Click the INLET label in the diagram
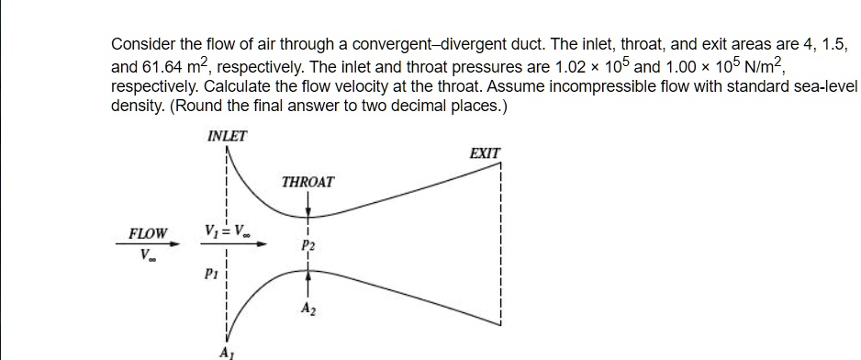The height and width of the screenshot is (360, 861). coord(228,137)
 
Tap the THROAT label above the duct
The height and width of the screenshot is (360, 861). coord(307,182)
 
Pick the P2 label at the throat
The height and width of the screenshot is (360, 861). coord(307,246)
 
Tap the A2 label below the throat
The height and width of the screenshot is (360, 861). coord(307,309)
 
